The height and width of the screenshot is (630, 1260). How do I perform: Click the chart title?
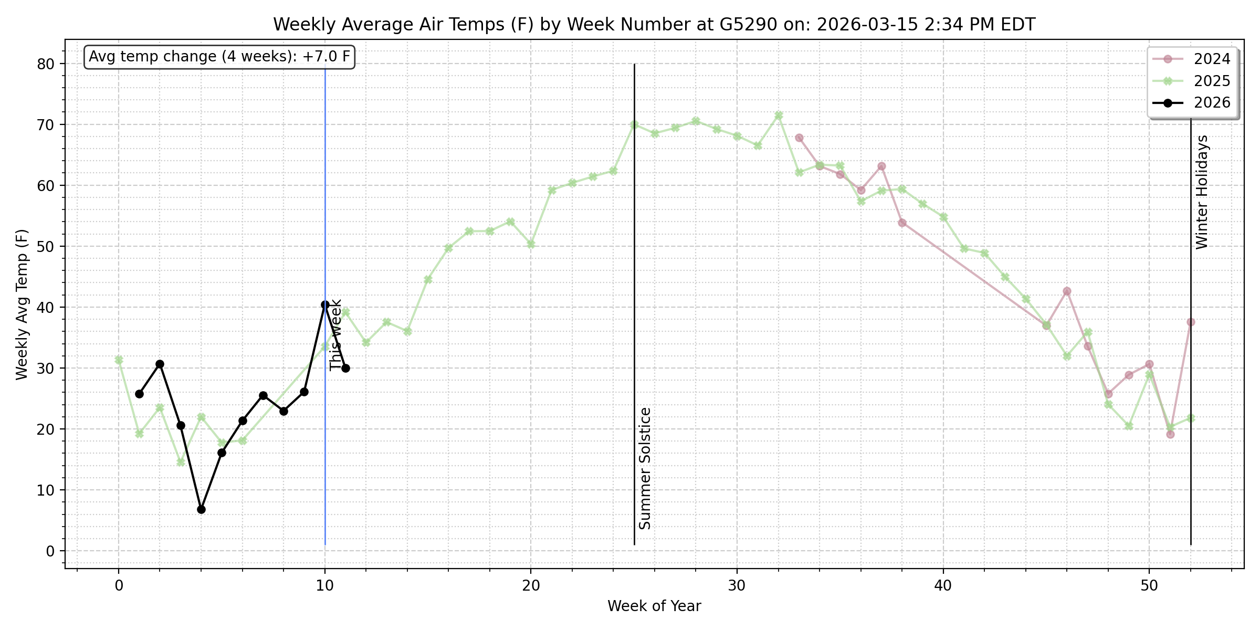[x=654, y=25]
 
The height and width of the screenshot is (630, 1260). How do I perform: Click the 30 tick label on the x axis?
[x=737, y=585]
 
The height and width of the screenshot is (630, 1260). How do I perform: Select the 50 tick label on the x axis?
[x=1149, y=585]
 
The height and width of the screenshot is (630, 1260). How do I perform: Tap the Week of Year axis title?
[x=654, y=606]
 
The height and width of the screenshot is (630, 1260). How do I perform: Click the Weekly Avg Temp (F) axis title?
[x=22, y=304]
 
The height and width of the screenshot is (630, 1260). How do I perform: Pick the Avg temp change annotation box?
[x=219, y=57]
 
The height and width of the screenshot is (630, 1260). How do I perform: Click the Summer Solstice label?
[x=645, y=468]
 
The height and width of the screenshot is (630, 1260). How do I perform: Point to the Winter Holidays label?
[x=1202, y=192]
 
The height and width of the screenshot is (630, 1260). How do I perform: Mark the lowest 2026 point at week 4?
[x=201, y=509]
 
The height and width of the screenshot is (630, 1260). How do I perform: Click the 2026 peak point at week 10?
[x=325, y=304]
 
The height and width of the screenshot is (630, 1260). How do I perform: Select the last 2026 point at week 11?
[x=345, y=368]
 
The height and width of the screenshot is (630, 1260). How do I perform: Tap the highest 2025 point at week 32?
[x=779, y=115]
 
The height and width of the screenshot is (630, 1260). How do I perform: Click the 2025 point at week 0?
[x=119, y=360]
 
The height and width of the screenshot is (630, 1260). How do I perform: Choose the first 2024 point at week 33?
[x=799, y=138]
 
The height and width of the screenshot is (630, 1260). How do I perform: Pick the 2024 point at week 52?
[x=1191, y=322]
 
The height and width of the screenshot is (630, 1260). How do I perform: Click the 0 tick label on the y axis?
[x=50, y=551]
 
